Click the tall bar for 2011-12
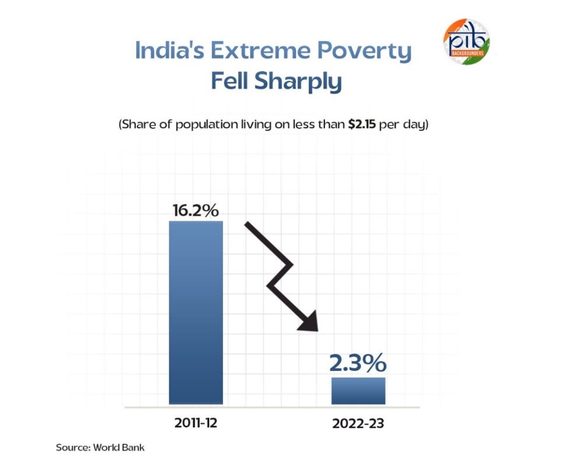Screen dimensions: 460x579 [x=196, y=312]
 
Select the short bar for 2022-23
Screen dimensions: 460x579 [x=358, y=390]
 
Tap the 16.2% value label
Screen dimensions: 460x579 [x=196, y=210]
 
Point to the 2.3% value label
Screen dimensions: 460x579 [x=358, y=363]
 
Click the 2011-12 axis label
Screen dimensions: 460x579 [x=196, y=423]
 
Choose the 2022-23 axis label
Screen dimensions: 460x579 [x=358, y=423]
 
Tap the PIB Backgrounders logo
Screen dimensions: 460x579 [x=466, y=42]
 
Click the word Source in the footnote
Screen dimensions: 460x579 [x=72, y=448]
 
